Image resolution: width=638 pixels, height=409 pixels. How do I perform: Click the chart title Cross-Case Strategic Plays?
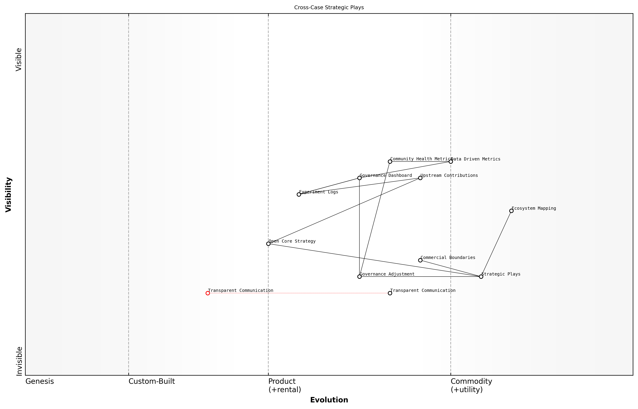point(329,7)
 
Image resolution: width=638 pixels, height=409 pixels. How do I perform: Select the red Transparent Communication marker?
point(208,293)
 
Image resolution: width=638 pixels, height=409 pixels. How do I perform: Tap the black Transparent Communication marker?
point(390,293)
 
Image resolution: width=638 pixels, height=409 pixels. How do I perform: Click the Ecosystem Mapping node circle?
point(511,211)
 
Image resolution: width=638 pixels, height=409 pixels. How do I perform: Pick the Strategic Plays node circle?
point(481,277)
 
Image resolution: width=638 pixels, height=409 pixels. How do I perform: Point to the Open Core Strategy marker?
point(268,244)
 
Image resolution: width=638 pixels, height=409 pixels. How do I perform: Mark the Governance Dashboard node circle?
point(359,178)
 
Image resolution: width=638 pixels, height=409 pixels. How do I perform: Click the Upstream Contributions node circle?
point(420,178)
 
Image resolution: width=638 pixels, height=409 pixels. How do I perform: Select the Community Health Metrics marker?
point(390,162)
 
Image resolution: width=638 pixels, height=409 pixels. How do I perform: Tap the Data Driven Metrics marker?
point(451,162)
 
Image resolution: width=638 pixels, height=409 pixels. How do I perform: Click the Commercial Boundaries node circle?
point(420,260)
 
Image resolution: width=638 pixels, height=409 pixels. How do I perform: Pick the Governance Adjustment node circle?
point(359,277)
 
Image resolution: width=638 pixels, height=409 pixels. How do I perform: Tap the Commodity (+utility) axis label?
point(471,385)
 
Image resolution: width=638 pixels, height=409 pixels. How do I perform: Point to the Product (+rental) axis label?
point(285,385)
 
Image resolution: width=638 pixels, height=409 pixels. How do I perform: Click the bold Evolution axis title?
point(329,400)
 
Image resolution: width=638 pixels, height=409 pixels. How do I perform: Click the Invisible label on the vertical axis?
point(19,361)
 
